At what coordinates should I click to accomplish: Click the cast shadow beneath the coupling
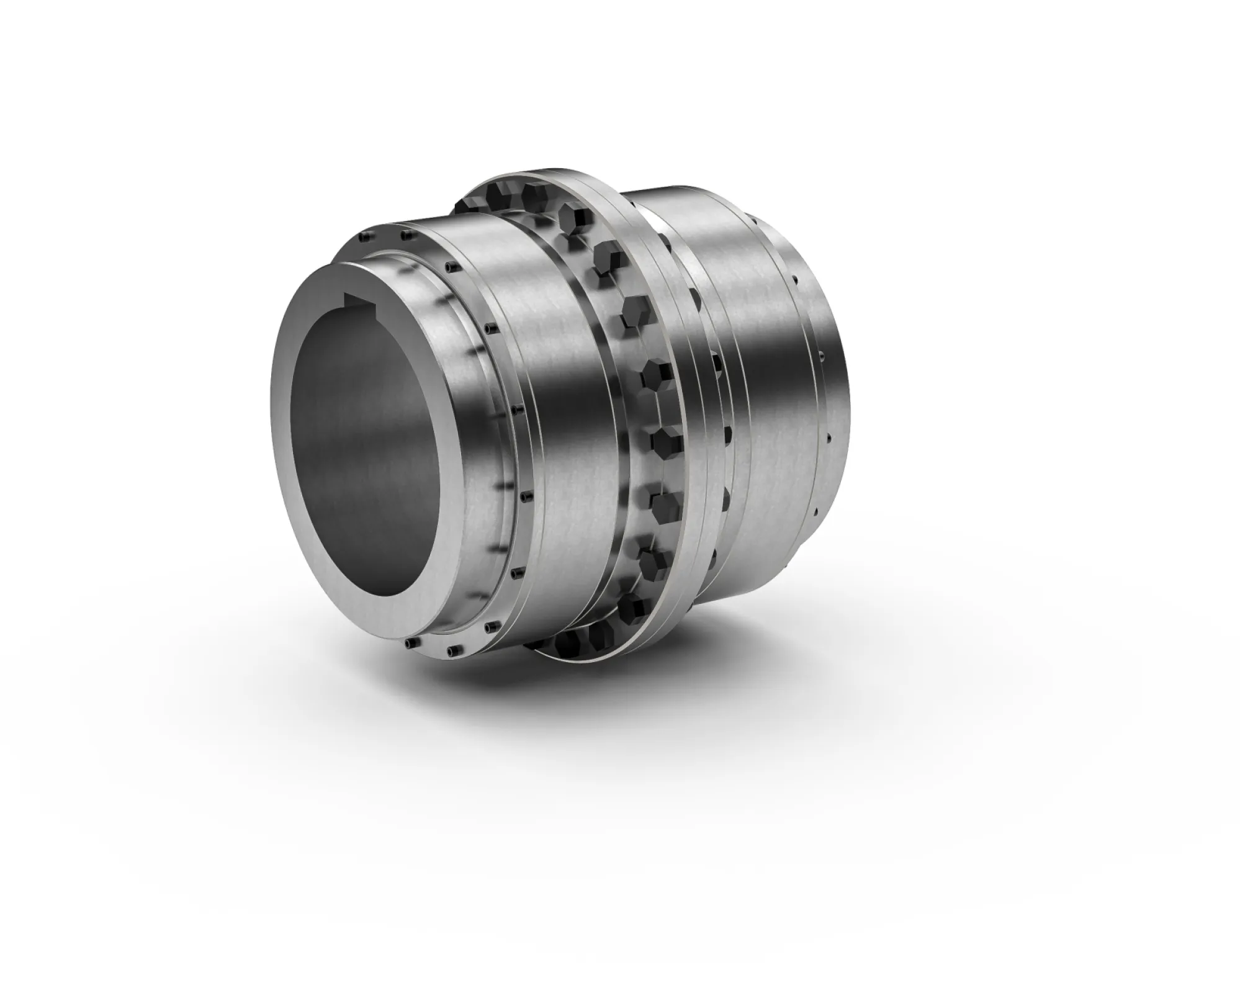621,745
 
